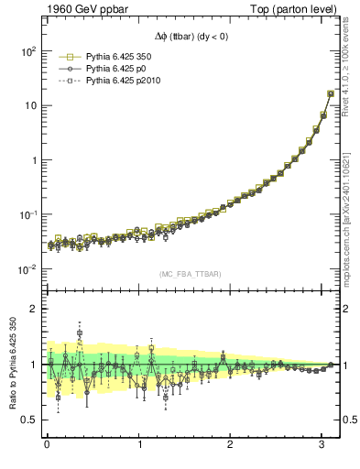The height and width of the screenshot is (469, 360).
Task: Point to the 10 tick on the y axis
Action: (x=30, y=105)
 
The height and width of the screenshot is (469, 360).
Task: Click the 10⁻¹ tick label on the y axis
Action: (x=27, y=214)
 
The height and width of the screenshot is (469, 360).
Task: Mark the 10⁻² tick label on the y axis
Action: (x=27, y=269)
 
